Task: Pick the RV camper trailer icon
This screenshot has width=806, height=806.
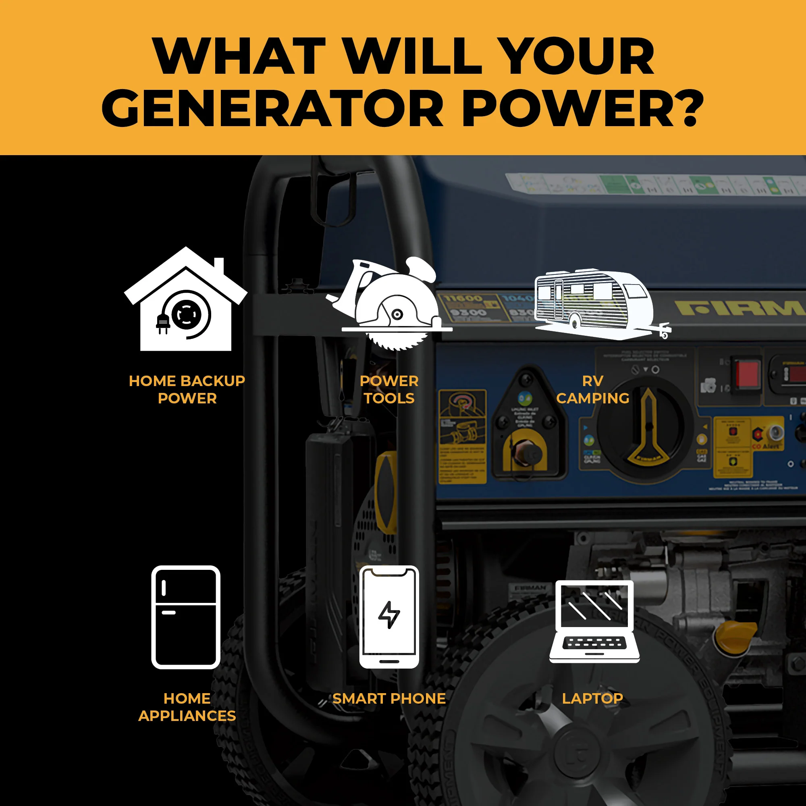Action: click(x=596, y=303)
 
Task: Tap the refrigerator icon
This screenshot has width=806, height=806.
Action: click(x=186, y=617)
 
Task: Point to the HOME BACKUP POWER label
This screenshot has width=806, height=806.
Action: click(x=187, y=389)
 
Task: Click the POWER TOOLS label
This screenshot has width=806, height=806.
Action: click(x=389, y=389)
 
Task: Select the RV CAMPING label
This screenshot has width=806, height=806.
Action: click(x=592, y=389)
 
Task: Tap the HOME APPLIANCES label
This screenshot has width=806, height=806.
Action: click(x=187, y=707)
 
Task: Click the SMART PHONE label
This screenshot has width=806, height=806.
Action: click(x=389, y=698)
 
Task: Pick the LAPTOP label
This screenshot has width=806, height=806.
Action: click(x=592, y=698)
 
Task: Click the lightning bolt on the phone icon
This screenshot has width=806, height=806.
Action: click(x=389, y=615)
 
